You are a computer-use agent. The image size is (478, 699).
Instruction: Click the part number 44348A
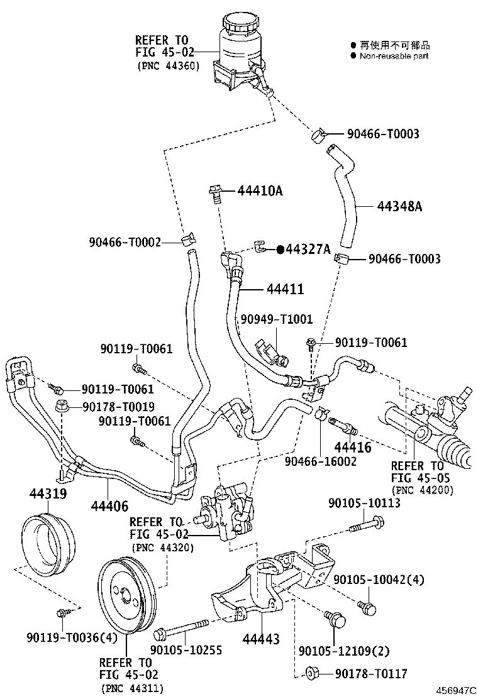pos(399,206)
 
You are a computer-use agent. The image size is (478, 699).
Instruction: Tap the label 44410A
pos(260,191)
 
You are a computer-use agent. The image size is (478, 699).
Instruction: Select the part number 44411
pos(286,289)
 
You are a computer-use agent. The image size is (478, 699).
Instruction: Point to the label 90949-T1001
pos(277,319)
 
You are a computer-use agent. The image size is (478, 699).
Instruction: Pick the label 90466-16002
pos(321,461)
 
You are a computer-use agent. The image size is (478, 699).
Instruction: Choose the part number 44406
pos(109,506)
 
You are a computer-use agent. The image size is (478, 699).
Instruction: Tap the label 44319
pos(48,493)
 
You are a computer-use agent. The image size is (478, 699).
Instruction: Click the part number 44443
pos(261,639)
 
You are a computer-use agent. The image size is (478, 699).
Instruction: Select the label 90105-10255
pos(186,651)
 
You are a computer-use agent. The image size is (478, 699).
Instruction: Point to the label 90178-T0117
pos(371,674)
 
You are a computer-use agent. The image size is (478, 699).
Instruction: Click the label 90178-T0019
pos(118,407)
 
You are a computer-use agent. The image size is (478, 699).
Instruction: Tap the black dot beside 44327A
pos(280,249)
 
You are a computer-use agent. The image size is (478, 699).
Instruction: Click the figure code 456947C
pos(456,691)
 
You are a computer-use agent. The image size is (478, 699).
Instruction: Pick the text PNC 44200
pos(422,490)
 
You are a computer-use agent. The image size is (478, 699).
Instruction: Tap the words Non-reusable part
pos(394,56)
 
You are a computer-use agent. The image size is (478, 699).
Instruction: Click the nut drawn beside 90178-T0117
pos(311,673)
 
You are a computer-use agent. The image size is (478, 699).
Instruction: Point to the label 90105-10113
pos(364,503)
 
